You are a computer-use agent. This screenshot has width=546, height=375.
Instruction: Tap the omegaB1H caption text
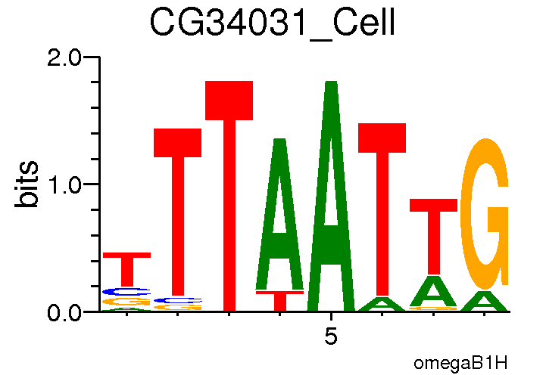[x=460, y=362]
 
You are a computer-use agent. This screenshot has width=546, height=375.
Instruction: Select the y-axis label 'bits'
[x=29, y=184]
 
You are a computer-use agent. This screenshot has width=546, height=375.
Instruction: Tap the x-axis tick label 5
[x=330, y=336]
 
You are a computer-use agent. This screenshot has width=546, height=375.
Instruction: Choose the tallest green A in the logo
[x=330, y=197]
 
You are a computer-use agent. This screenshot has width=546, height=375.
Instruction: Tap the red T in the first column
[x=126, y=268]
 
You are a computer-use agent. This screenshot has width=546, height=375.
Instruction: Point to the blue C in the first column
[x=126, y=291]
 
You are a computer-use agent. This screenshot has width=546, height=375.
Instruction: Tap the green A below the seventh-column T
[x=433, y=291]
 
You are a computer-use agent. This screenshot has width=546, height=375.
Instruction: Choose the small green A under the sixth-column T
[x=382, y=304]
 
